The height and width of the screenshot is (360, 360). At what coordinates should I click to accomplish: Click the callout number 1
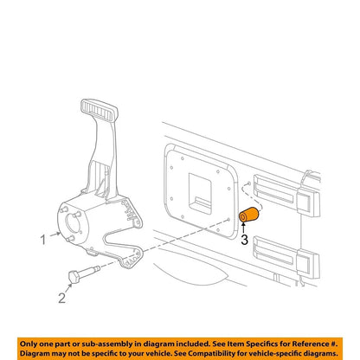tap(43, 240)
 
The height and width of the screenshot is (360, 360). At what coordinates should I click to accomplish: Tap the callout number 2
tap(62, 298)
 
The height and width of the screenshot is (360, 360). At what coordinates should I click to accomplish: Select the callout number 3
tap(245, 240)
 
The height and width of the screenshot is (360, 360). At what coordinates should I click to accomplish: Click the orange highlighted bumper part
tap(249, 215)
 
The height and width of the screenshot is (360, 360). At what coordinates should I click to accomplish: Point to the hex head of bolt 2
tap(74, 278)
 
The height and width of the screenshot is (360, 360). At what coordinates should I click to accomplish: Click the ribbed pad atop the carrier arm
tap(99, 111)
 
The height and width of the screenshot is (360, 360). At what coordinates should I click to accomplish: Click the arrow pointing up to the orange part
tap(244, 228)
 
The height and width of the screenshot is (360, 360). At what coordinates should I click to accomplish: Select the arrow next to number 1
tap(55, 235)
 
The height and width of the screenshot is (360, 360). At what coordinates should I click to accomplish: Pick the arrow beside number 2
tap(68, 288)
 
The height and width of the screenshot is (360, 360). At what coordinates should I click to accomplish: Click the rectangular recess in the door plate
tap(200, 193)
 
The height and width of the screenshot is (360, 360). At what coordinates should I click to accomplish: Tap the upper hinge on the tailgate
tap(286, 196)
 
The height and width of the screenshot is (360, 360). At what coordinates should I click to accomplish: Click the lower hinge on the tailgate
tap(286, 258)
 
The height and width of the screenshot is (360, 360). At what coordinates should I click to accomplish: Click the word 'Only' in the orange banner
tap(29, 344)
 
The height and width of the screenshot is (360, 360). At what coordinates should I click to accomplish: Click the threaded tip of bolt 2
tap(97, 268)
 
